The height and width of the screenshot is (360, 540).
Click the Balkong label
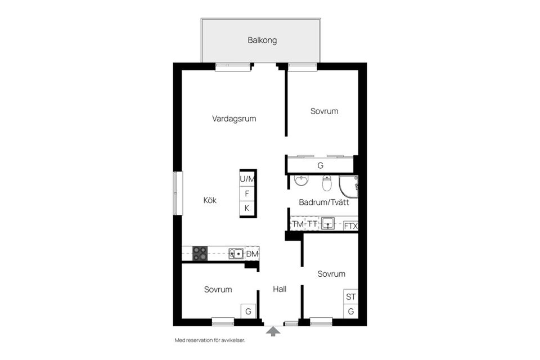tap(262, 40)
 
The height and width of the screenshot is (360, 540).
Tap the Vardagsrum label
tap(234, 119)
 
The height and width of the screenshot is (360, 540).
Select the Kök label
tap(210, 200)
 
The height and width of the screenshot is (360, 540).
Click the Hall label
tap(280, 289)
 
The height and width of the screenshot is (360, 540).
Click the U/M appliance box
tap(247, 179)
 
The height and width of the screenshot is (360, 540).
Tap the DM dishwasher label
tap(252, 254)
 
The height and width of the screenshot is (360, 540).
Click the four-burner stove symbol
tap(200, 254)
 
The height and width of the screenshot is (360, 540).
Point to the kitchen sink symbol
tap(236, 254)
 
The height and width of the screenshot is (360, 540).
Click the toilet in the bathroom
tap(327, 183)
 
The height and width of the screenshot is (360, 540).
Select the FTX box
tap(350, 226)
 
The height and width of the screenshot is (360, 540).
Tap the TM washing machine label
tap(297, 224)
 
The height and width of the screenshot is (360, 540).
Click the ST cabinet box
tap(351, 297)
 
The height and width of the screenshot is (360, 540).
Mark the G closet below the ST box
tap(351, 312)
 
